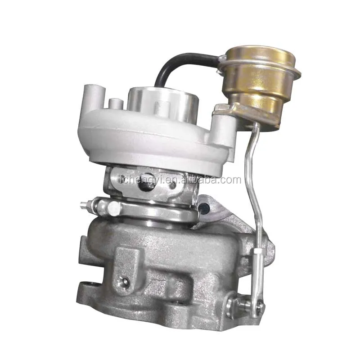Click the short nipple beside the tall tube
click(x=116, y=103)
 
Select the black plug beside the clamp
click(x=203, y=208)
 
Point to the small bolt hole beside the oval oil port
click(x=172, y=184)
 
